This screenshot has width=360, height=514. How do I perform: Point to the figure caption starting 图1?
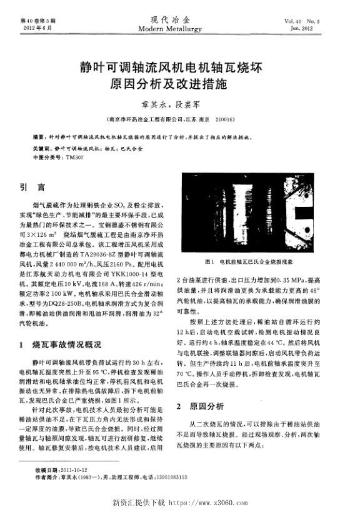coord(251,262)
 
